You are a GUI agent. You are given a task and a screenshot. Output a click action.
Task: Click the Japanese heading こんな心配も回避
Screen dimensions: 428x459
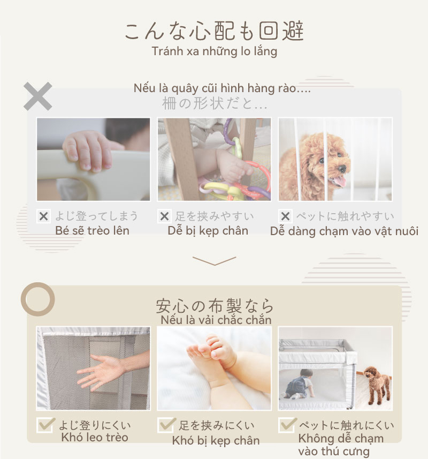pyautogui.click(x=215, y=31)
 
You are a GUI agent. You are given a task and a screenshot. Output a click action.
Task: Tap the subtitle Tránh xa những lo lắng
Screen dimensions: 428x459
pyautogui.click(x=215, y=51)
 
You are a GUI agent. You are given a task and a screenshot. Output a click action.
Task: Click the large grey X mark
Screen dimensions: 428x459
pyautogui.click(x=38, y=96)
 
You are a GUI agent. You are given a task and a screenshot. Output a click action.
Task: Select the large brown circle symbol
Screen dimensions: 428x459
pyautogui.click(x=38, y=299)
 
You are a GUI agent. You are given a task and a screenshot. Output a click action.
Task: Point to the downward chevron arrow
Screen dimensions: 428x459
pyautogui.click(x=215, y=261)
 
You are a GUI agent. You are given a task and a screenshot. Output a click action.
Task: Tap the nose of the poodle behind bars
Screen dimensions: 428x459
pyautogui.click(x=342, y=169)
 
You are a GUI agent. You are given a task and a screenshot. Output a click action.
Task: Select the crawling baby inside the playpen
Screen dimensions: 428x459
pyautogui.click(x=300, y=383)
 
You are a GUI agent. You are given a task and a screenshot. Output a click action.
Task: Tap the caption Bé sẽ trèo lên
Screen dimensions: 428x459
pyautogui.click(x=92, y=231)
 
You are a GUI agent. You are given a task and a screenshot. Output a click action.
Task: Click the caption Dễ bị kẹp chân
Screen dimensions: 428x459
pyautogui.click(x=208, y=231)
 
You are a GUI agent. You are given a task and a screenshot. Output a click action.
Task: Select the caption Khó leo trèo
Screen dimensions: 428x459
pyautogui.click(x=95, y=438)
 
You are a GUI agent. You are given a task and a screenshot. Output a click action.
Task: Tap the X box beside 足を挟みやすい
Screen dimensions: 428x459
pyautogui.click(x=164, y=216)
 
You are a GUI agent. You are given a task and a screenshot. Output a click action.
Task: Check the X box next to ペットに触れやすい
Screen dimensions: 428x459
pyautogui.click(x=285, y=216)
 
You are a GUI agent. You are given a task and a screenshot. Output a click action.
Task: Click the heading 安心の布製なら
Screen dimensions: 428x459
pyautogui.click(x=215, y=306)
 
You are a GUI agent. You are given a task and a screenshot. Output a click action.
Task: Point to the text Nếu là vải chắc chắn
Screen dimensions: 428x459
pyautogui.click(x=216, y=320)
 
